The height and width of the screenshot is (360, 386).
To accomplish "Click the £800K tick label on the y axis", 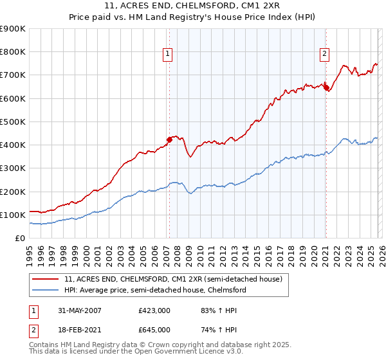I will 13,52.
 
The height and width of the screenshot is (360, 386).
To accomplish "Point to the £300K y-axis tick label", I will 13,168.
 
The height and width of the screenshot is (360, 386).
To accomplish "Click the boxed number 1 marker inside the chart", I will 167,55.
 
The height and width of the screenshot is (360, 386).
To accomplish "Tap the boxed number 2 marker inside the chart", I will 324,55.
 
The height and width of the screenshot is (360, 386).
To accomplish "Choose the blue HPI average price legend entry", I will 155,291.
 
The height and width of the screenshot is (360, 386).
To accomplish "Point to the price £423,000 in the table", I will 154,310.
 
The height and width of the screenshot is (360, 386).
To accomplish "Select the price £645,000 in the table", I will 154,329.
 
